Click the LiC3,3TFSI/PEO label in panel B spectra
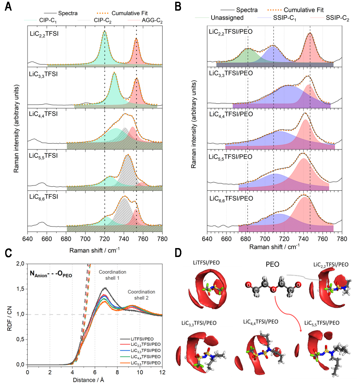pyautogui.click(x=231, y=73)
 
